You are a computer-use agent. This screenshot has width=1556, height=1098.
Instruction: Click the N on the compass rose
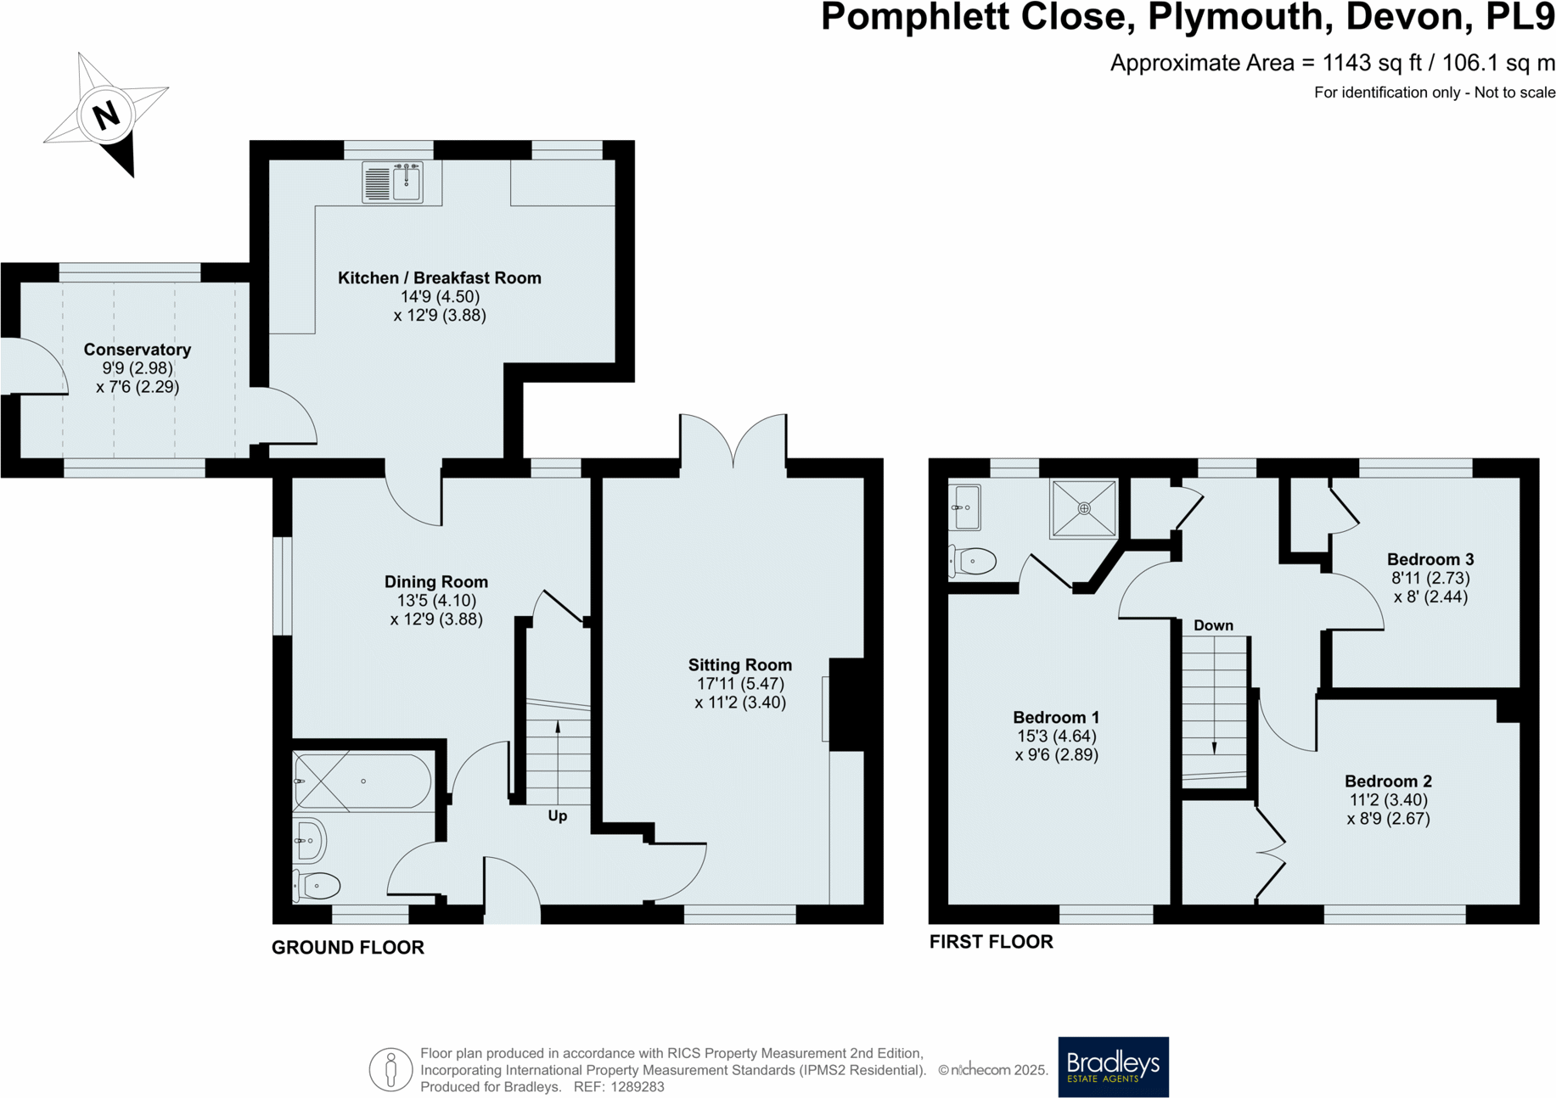pyautogui.click(x=106, y=115)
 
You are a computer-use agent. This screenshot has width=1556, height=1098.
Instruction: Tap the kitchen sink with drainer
pyautogui.click(x=391, y=182)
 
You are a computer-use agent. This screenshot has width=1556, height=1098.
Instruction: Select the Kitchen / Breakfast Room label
pyautogui.click(x=439, y=277)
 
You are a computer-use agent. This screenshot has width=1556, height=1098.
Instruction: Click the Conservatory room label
pyautogui.click(x=137, y=350)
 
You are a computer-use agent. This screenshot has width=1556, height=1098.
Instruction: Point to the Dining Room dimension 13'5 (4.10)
pyautogui.click(x=436, y=601)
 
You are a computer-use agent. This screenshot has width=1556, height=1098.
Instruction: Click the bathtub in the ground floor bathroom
pyautogui.click(x=362, y=781)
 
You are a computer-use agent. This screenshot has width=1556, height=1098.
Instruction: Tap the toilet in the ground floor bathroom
pyautogui.click(x=317, y=886)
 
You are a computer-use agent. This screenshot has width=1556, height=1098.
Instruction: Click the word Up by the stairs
pyautogui.click(x=557, y=816)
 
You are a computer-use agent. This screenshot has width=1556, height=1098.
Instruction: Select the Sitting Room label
pyautogui.click(x=739, y=665)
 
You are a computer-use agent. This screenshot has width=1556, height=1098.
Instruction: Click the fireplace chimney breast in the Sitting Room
pyautogui.click(x=846, y=704)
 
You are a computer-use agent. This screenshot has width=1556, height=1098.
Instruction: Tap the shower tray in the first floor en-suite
pyautogui.click(x=1083, y=508)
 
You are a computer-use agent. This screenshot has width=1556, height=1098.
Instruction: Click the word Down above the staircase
pyautogui.click(x=1213, y=625)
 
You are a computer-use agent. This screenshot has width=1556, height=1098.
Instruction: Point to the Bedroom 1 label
pyautogui.click(x=1056, y=718)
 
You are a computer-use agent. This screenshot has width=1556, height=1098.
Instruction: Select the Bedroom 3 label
pyautogui.click(x=1430, y=559)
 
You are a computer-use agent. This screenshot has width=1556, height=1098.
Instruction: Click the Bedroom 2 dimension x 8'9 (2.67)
pyautogui.click(x=1388, y=819)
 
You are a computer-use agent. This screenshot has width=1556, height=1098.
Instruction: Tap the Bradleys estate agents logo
pyautogui.click(x=1113, y=1067)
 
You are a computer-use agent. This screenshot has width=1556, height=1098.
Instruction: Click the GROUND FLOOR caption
pyautogui.click(x=347, y=948)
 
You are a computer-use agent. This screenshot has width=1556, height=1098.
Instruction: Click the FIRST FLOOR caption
pyautogui.click(x=991, y=942)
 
